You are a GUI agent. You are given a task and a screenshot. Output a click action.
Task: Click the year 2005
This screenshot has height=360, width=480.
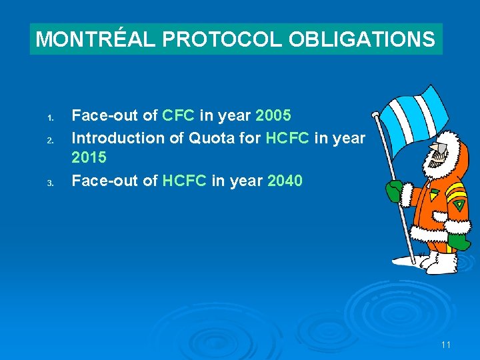pyautogui.click(x=273, y=116)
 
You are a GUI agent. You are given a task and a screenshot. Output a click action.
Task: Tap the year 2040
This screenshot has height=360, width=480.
pyautogui.click(x=285, y=181)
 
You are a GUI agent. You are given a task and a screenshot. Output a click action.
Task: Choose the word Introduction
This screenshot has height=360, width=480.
pyautogui.click(x=120, y=138)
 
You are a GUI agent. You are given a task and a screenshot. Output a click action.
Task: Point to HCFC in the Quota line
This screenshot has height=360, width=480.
pyautogui.click(x=287, y=138)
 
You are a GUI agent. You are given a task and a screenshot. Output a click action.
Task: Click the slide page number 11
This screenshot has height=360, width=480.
pyautogui.click(x=446, y=345)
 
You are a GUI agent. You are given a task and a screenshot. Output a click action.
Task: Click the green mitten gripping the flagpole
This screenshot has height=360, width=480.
pyautogui.click(x=394, y=191)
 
